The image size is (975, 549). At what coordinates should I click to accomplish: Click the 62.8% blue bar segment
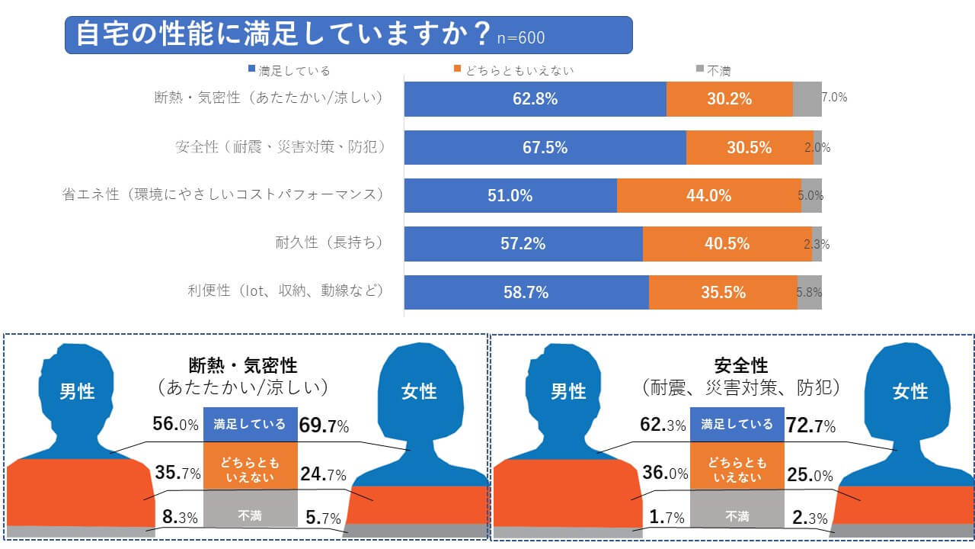[x=535, y=98]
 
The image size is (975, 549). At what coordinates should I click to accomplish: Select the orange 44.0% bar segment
[x=708, y=195]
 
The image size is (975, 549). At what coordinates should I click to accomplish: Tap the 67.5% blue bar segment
[x=545, y=147]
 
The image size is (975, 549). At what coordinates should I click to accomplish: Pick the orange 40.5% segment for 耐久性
[x=727, y=244]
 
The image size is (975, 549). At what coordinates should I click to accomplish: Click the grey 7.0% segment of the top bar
[x=807, y=98]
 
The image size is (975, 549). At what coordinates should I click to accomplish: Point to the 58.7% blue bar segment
[x=526, y=292]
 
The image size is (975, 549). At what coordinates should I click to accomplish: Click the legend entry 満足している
[x=289, y=71]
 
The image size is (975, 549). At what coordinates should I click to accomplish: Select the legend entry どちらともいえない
[x=513, y=71]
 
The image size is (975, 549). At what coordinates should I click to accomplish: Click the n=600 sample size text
[x=520, y=37]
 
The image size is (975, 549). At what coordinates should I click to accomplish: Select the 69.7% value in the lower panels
[x=324, y=425]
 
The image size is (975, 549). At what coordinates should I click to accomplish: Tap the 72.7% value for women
[x=812, y=425]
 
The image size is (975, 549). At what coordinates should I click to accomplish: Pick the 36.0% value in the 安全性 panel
[x=664, y=473]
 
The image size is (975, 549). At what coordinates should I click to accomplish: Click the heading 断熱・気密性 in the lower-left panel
[x=243, y=366]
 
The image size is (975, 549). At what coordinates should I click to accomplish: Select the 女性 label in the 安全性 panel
[x=910, y=391]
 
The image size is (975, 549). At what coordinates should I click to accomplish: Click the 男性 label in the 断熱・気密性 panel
[x=77, y=391]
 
